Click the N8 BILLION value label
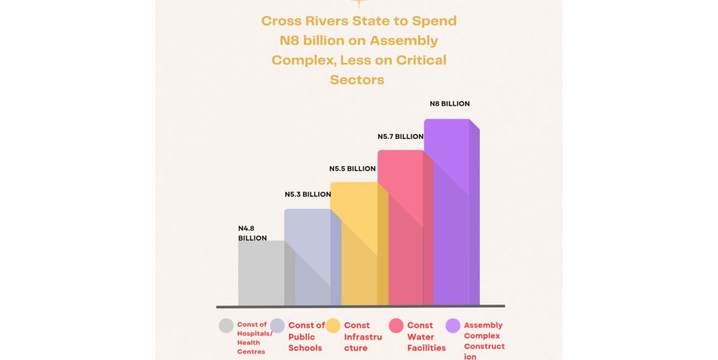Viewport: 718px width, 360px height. click(x=449, y=104)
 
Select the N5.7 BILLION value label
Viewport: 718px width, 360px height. click(x=401, y=136)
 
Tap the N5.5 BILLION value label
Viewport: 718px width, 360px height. click(x=352, y=168)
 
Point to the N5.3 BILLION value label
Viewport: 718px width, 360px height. click(x=307, y=194)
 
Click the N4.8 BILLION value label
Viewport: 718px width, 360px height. click(x=253, y=233)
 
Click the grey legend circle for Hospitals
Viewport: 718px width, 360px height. click(x=226, y=326)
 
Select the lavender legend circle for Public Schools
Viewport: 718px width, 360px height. click(x=277, y=326)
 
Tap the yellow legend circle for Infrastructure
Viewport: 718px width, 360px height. click(x=333, y=326)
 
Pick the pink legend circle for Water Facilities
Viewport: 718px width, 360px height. click(x=396, y=326)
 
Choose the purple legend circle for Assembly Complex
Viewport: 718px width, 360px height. click(x=453, y=326)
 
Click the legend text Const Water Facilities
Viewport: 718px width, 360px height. click(x=426, y=337)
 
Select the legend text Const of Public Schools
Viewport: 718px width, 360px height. click(x=306, y=337)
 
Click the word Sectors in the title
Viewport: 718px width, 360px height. click(x=357, y=79)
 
